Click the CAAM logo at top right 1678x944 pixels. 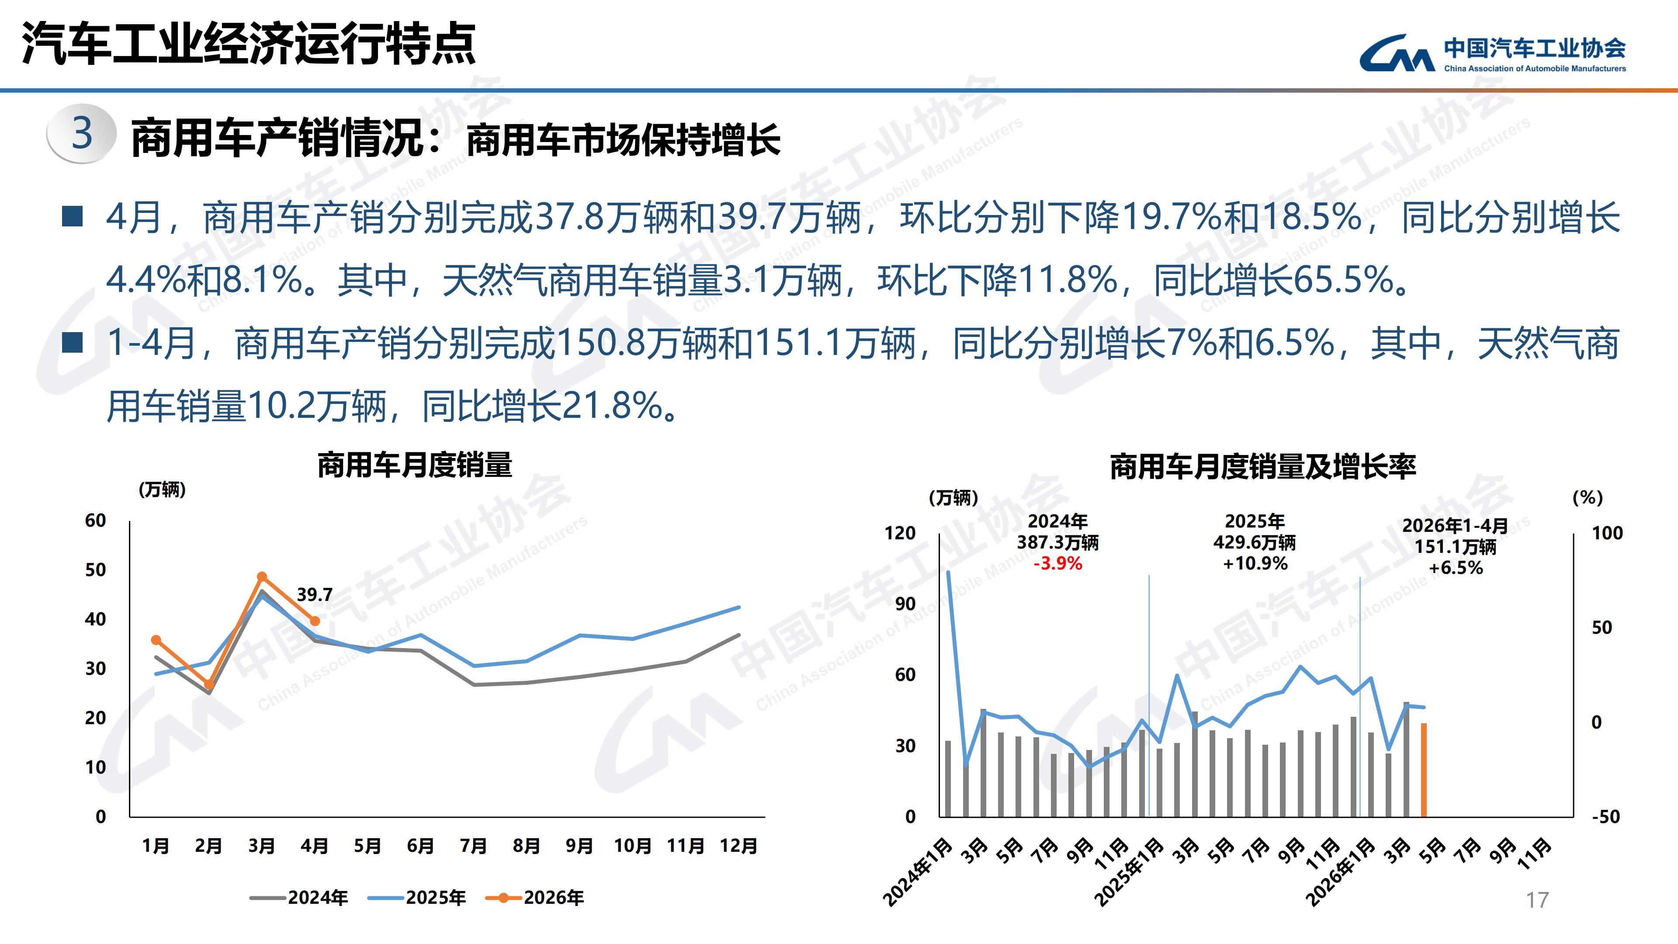pos(1492,53)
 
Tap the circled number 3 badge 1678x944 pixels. pos(81,134)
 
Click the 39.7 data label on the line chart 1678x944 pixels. pos(315,594)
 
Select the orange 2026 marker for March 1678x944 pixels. pos(262,576)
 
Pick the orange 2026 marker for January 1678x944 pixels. pos(156,640)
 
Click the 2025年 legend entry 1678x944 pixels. pos(417,898)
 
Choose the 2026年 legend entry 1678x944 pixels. pos(535,898)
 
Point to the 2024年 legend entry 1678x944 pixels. pos(299,898)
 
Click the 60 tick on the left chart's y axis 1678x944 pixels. pos(95,521)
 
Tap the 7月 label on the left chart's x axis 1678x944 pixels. pos(474,846)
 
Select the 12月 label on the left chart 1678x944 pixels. pos(738,846)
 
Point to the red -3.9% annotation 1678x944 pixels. pos(1058,563)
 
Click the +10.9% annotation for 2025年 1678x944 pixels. pos(1255,563)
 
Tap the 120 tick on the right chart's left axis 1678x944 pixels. pos(900,533)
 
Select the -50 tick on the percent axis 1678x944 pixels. pos(1606,816)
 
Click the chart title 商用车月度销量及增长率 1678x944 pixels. pos(1263,466)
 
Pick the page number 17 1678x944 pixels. pos(1537,900)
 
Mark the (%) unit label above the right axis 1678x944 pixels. pos(1588,498)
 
